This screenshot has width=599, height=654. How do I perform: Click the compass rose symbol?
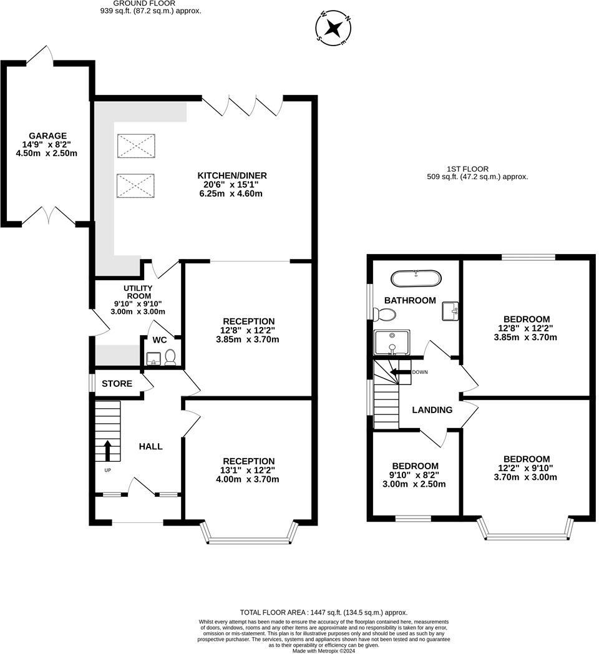334,28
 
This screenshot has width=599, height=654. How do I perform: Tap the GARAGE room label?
47,135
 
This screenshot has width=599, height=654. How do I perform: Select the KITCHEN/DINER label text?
232,175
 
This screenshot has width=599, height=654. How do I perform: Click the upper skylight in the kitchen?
136,145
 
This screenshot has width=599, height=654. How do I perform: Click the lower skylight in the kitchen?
135,185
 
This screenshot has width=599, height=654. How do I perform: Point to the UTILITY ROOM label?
138,292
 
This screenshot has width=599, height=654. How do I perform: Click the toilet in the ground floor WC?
170,358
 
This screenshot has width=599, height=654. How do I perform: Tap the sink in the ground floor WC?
154,358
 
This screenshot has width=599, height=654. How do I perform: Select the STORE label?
117,383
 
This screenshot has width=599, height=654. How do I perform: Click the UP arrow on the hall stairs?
107,451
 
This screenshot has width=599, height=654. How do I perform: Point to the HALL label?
150,446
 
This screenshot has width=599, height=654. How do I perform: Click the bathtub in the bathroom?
416,278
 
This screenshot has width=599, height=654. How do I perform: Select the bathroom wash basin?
450,311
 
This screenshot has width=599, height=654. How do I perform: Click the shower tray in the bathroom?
392,343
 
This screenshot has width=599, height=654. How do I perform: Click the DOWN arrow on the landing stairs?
400,372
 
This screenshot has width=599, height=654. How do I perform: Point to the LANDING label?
432,409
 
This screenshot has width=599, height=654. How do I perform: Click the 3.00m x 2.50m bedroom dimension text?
414,484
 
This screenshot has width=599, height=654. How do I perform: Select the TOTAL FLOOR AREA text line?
324,612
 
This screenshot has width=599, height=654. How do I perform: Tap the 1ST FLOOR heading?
467,169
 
